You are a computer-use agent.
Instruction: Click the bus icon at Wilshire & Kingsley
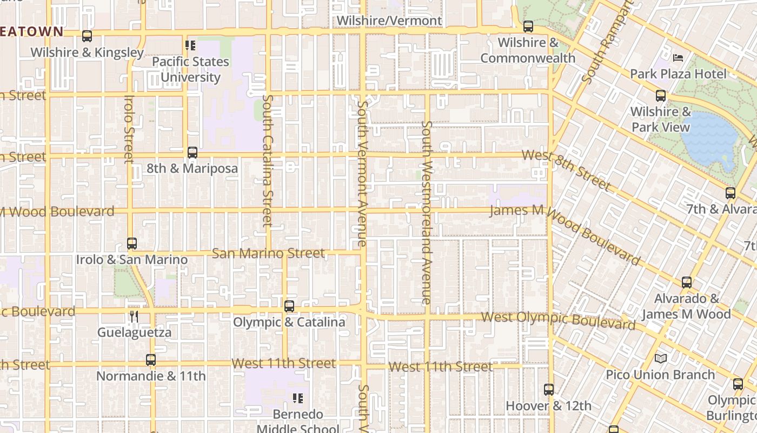click(x=87, y=36)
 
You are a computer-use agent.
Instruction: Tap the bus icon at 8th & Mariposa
click(x=192, y=153)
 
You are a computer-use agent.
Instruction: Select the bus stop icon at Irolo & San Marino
click(x=131, y=244)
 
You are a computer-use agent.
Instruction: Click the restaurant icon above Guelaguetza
click(x=134, y=317)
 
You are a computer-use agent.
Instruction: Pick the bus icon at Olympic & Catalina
click(x=289, y=306)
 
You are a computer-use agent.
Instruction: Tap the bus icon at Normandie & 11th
click(x=151, y=359)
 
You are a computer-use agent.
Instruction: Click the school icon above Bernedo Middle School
click(x=297, y=398)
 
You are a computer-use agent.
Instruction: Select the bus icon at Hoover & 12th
click(x=548, y=390)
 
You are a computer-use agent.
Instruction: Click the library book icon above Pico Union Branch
click(x=660, y=358)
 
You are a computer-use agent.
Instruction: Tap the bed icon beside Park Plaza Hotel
click(x=678, y=58)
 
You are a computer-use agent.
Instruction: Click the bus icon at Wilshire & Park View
click(x=661, y=96)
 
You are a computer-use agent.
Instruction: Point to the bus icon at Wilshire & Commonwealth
click(x=528, y=26)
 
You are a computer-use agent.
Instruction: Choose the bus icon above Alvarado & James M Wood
click(x=686, y=283)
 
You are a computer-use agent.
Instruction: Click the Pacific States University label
click(x=190, y=69)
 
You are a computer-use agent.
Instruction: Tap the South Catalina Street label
click(x=268, y=161)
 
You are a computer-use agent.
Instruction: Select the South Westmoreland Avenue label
click(x=427, y=212)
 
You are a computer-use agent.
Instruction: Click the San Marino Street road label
click(x=268, y=253)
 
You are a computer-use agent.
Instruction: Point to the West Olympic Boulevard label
click(x=557, y=320)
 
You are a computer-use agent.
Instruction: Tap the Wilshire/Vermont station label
click(x=389, y=21)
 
